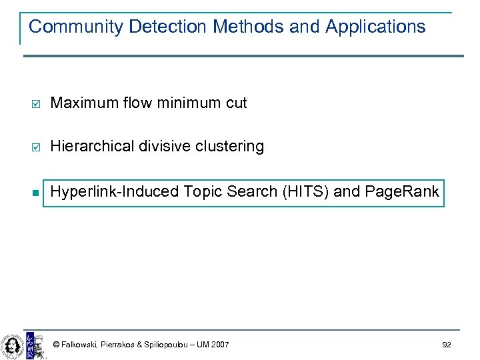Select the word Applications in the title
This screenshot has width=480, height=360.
click(x=375, y=27)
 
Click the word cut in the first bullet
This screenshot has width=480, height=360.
click(x=236, y=103)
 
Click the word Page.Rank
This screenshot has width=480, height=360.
click(x=402, y=192)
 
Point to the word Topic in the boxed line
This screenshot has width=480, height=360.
click(x=203, y=192)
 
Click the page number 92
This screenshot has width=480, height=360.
click(x=446, y=345)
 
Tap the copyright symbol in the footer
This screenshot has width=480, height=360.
click(x=56, y=345)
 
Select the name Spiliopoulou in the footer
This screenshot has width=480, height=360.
click(x=164, y=345)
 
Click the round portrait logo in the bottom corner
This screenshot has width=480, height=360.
click(x=12, y=345)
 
